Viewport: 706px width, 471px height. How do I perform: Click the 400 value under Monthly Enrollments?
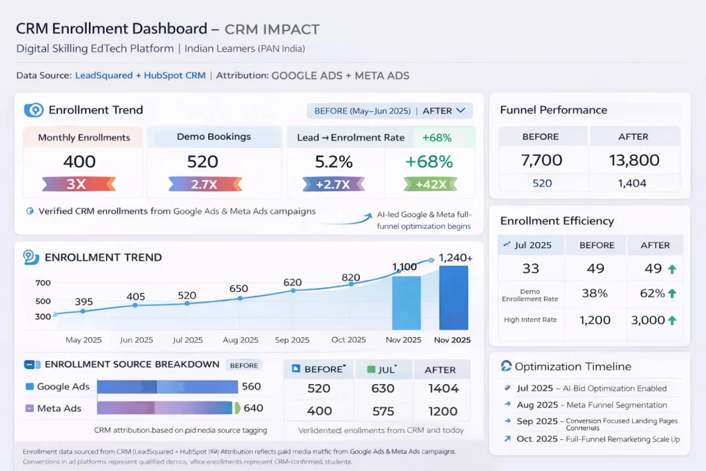pyautogui.click(x=79, y=162)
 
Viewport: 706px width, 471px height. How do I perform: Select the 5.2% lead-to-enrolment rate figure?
pyautogui.click(x=334, y=162)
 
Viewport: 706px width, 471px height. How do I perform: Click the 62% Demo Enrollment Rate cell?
pyautogui.click(x=652, y=293)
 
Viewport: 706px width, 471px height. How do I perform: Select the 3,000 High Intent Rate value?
pyautogui.click(x=648, y=320)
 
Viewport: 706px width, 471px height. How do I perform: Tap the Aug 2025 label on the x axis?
pyautogui.click(x=240, y=340)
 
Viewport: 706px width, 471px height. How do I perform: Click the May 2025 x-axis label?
pyautogui.click(x=83, y=340)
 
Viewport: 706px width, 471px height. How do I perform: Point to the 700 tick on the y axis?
pyautogui.click(x=43, y=283)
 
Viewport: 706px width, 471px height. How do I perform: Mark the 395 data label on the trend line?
pyautogui.click(x=83, y=301)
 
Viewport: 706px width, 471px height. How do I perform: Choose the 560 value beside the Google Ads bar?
pyautogui.click(x=252, y=387)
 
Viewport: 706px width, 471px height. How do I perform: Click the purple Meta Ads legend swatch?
pyautogui.click(x=29, y=408)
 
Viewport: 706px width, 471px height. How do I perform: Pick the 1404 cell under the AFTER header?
pyautogui.click(x=443, y=388)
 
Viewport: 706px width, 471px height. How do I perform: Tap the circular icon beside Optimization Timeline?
pyautogui.click(x=505, y=367)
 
